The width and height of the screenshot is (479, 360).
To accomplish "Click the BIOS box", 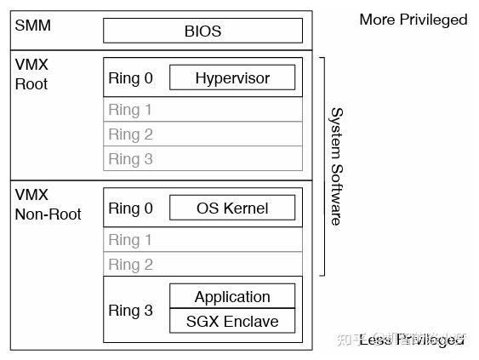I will (202, 31).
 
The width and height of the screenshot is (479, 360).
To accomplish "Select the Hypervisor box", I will (232, 78).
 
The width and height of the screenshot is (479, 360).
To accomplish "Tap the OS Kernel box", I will (232, 209).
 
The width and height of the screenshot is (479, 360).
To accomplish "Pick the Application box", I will (232, 297).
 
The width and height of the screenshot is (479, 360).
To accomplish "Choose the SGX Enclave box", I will (232, 322).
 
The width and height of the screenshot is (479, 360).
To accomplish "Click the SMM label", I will (33, 25).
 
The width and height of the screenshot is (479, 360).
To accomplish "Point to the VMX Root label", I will (31, 74).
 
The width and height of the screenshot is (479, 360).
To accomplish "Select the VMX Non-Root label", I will (48, 204).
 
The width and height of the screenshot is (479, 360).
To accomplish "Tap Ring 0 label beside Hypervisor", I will (130, 78).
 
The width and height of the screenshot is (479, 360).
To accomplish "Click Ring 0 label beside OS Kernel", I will (130, 209).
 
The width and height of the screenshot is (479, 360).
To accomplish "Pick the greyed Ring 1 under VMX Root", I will (130, 110).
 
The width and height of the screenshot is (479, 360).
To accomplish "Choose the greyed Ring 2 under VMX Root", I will (130, 134).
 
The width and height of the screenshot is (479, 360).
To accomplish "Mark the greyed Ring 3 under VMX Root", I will (130, 159).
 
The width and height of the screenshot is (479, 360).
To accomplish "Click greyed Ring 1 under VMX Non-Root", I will (130, 241).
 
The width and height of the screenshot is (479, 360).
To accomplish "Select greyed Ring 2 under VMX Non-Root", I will (130, 265).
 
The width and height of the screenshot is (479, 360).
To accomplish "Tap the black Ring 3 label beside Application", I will (130, 311).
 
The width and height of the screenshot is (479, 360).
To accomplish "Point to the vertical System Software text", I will (336, 166).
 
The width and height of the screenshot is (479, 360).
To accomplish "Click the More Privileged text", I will (413, 20).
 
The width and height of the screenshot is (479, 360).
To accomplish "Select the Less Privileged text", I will (413, 340).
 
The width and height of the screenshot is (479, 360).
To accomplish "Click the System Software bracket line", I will (324, 166).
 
